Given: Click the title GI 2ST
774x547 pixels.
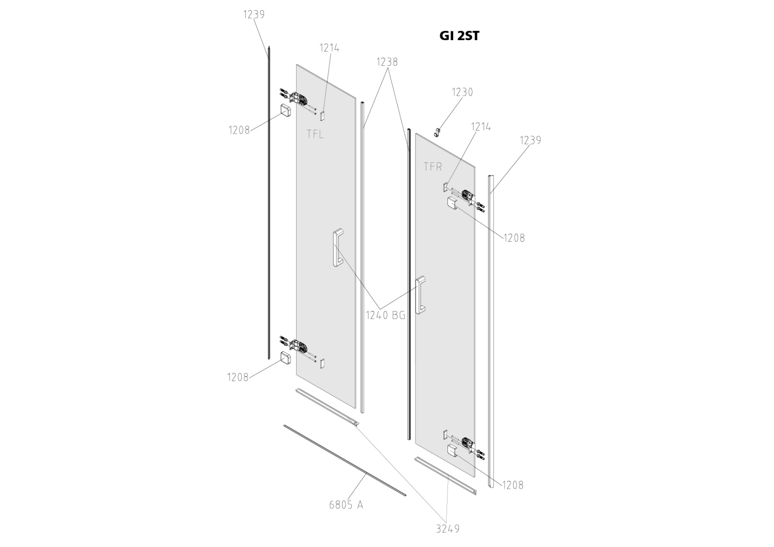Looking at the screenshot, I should [459, 36].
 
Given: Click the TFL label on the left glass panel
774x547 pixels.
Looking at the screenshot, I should [315, 134].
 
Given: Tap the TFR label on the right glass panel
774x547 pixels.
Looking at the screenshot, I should [432, 166].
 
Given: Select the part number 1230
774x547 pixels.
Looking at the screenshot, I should [462, 92].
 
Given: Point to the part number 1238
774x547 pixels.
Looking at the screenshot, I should [387, 62].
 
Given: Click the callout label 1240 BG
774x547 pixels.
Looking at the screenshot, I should [385, 315].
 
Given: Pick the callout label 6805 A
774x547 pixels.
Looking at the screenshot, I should [346, 505].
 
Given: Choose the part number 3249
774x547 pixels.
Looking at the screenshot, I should [447, 529].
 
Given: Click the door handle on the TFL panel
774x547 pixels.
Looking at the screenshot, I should [338, 248].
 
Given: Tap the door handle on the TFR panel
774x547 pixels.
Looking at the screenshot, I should [421, 295].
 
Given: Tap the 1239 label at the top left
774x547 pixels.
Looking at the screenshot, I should [253, 15].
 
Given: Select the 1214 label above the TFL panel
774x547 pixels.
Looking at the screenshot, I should [329, 48].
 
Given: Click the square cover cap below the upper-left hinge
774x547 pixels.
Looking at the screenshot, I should [285, 110].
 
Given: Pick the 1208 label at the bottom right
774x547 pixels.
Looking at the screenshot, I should [513, 485].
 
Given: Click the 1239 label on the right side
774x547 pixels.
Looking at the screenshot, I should [530, 140].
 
